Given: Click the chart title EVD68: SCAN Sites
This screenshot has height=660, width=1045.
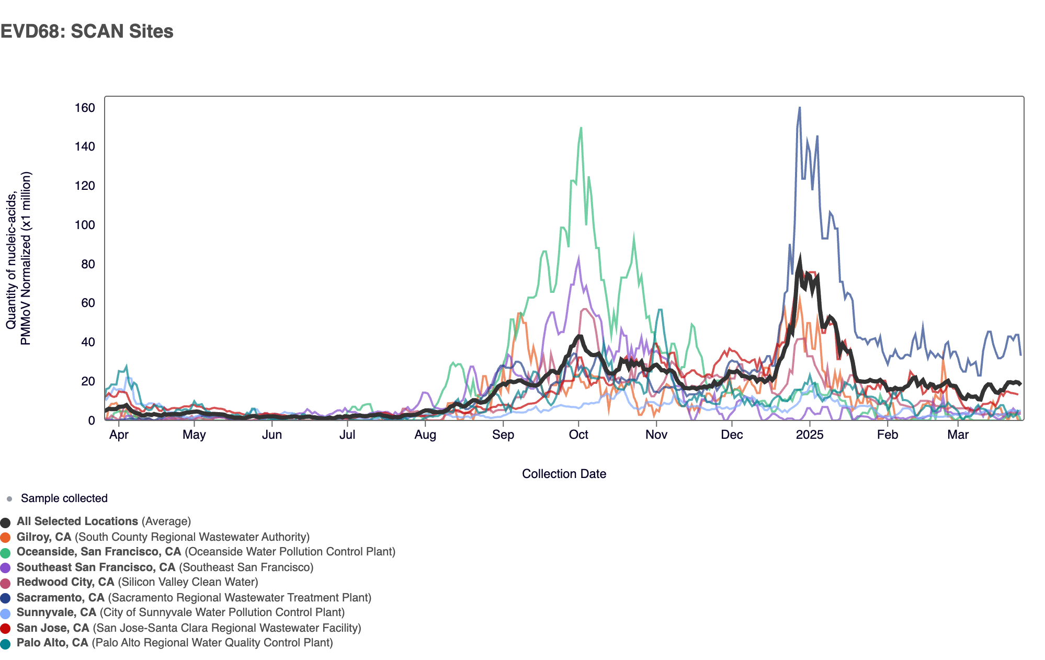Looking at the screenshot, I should coord(87,31).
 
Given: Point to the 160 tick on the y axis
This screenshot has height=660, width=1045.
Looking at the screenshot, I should coord(85,108).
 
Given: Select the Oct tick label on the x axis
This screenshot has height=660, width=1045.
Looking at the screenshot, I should coord(578,435).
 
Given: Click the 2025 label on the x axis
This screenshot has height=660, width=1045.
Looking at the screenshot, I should coord(809,435).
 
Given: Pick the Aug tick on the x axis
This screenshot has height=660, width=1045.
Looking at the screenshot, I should coord(425,435).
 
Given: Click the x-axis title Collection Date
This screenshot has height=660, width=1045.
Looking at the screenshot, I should coord(564,474).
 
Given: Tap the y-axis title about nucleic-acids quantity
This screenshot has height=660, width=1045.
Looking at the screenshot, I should coord(19,258).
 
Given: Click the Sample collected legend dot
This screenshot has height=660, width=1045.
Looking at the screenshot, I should coord(9,499).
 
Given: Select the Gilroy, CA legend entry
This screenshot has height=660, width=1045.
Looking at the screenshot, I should coord(44,537).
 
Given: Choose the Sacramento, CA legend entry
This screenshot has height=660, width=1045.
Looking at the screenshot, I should coord(61,598).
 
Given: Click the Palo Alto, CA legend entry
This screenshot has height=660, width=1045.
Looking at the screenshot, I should coord(52,643).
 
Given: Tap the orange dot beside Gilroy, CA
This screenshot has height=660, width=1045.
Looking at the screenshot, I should coord(6,538).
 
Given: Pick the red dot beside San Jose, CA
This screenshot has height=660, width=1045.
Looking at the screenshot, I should coord(6,629).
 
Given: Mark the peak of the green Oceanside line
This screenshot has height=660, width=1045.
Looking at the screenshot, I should coord(581,128).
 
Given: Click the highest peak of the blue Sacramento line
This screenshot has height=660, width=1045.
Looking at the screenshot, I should coord(799,108).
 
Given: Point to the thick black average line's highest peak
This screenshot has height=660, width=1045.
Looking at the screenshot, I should coord(799,257).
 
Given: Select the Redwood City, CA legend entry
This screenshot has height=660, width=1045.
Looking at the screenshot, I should coord(65,582).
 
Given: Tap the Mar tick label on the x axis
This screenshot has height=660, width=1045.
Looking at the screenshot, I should coord(958,435).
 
